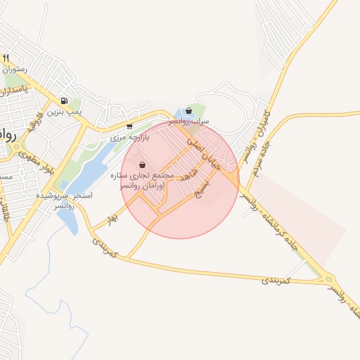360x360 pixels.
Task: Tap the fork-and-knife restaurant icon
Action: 6,58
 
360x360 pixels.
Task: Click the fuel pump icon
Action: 65,101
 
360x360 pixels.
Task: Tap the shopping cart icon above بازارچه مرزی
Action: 129,127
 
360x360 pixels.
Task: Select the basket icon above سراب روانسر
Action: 188,110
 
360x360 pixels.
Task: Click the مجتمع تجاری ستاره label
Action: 142,174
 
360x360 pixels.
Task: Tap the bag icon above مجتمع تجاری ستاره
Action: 143,165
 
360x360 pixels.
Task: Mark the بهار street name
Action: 110,220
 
